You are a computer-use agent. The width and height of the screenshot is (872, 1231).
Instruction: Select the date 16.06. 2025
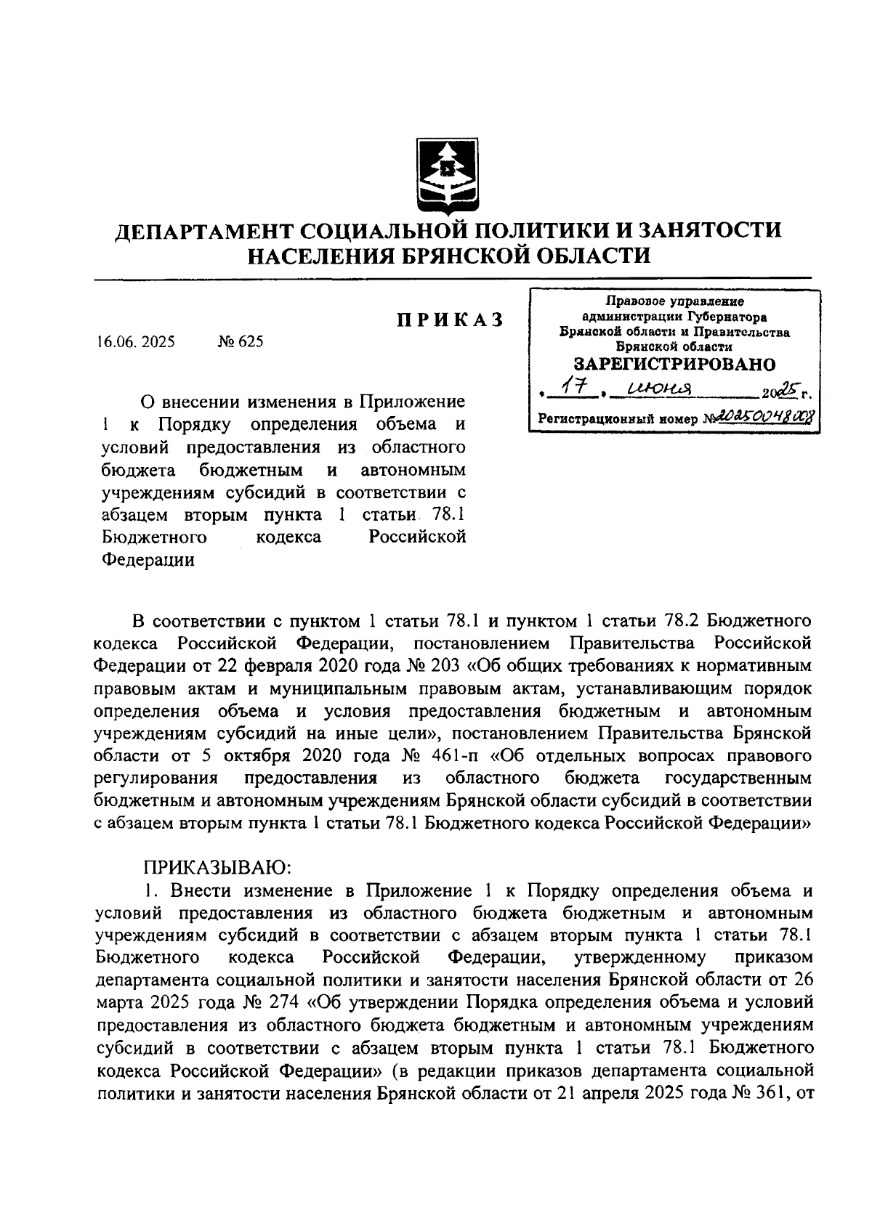click(135, 341)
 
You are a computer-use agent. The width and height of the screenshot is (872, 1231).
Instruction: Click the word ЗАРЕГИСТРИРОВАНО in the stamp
click(674, 364)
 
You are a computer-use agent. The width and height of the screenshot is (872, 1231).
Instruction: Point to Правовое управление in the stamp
click(675, 301)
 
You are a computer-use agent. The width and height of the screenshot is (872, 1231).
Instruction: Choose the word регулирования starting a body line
click(156, 779)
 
